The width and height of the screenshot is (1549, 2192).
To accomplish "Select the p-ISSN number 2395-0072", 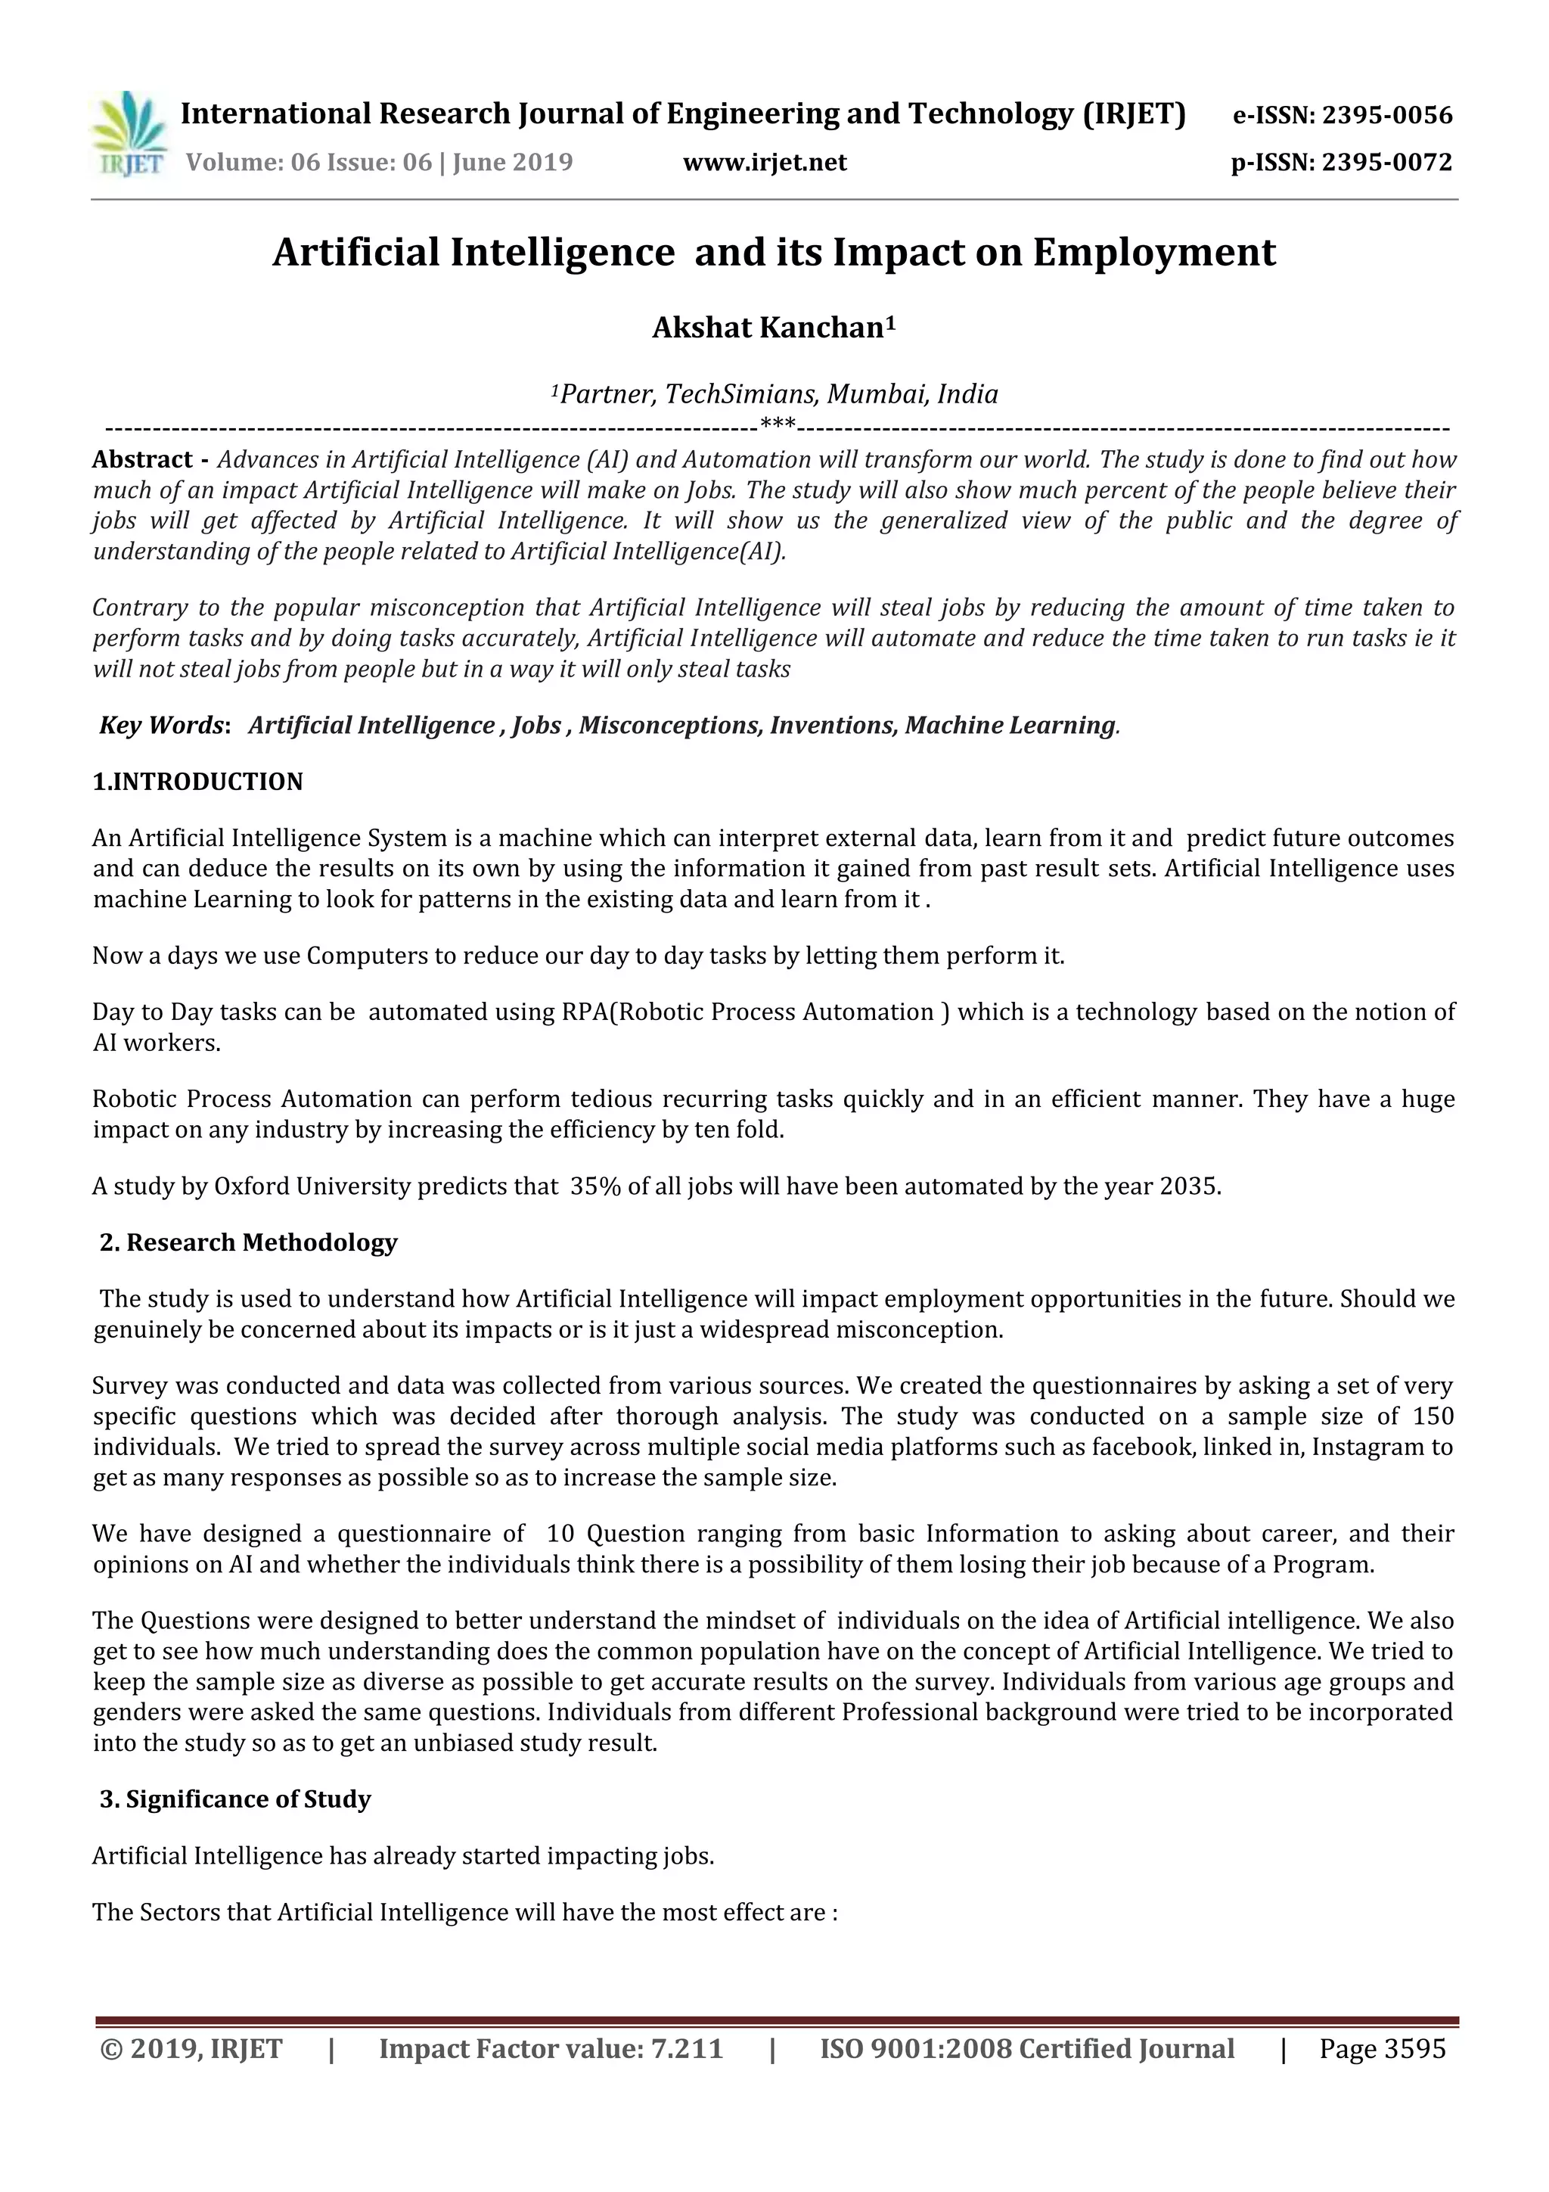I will (1386, 162).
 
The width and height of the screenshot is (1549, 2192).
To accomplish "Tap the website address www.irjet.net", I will (765, 162).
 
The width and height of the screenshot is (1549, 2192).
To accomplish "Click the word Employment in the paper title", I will (1154, 252).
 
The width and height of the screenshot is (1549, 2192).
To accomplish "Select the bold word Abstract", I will (142, 459).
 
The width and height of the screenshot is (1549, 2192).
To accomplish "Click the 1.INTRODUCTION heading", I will (197, 781).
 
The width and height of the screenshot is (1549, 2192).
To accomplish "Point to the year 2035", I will (1189, 1186).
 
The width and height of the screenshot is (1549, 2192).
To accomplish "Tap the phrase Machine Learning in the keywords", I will (1010, 725).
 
